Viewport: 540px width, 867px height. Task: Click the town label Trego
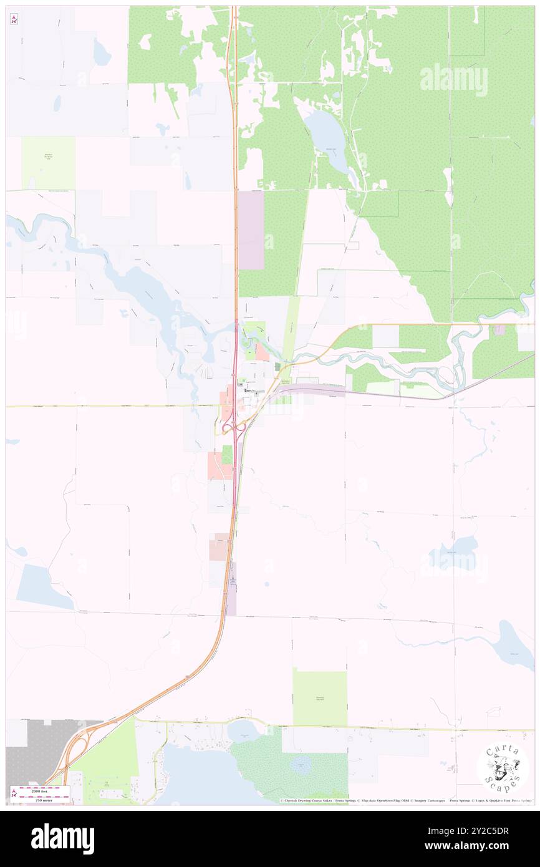pyautogui.click(x=249, y=390)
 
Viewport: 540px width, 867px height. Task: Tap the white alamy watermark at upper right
pyautogui.click(x=454, y=79)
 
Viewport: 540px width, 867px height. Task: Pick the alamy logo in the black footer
pyautogui.click(x=62, y=838)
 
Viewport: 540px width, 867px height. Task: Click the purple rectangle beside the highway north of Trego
pyautogui.click(x=251, y=230)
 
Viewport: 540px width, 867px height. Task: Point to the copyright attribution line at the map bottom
pyautogui.click(x=405, y=800)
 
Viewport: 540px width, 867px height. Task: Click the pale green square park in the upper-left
pyautogui.click(x=49, y=163)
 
